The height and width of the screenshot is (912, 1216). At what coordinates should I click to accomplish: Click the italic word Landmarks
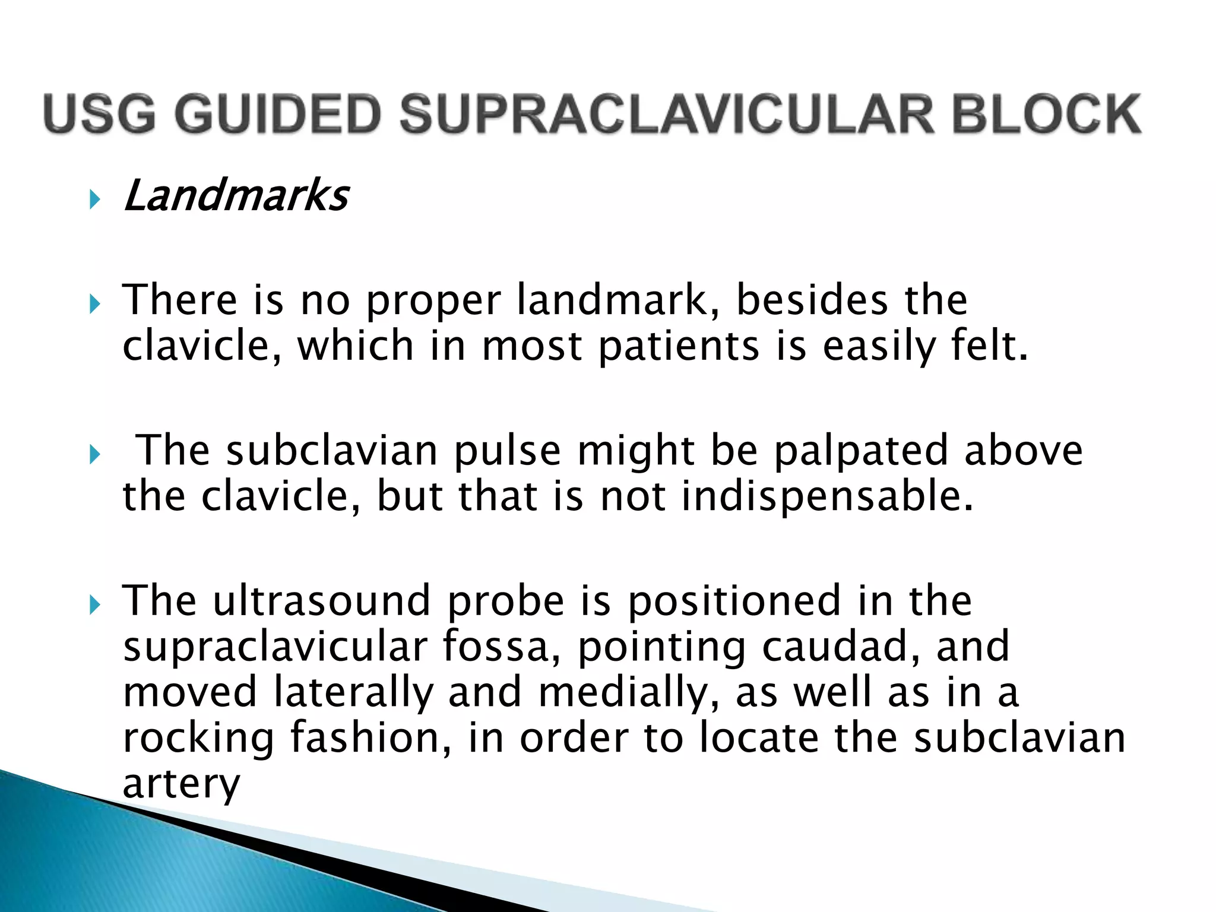click(236, 196)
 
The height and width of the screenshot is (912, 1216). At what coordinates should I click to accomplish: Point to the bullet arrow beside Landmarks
click(94, 199)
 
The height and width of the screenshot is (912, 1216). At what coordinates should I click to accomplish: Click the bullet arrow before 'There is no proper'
click(94, 305)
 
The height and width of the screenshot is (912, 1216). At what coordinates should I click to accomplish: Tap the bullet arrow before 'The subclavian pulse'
click(94, 455)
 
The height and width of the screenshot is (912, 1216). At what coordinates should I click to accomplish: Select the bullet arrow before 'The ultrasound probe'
click(94, 606)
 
